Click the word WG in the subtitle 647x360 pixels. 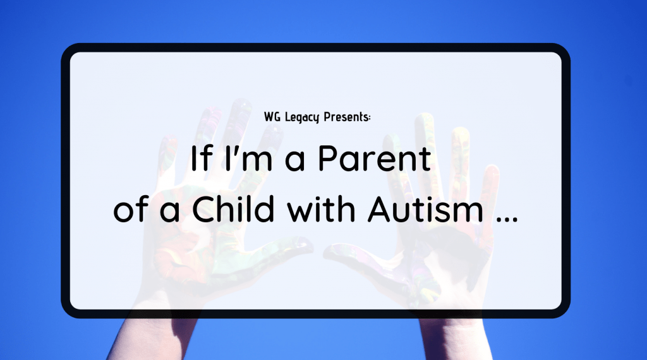click(272, 117)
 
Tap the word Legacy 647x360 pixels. click(302, 117)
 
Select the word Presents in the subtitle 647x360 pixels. click(346, 117)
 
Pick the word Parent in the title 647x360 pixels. click(375, 158)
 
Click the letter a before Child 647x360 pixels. click(169, 212)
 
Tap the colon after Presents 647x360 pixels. click(369, 118)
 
